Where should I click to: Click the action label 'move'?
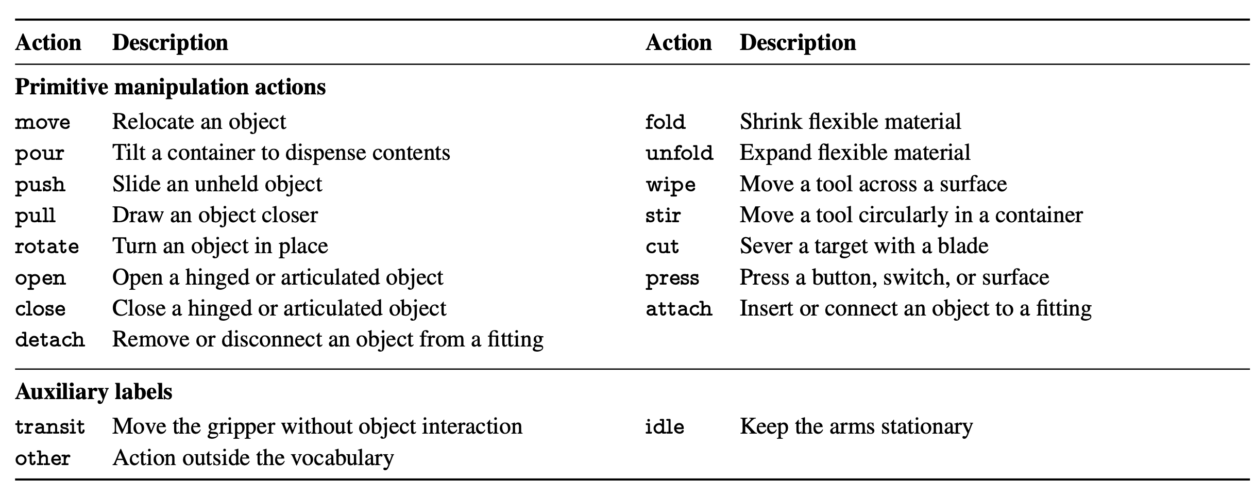pyautogui.click(x=42, y=123)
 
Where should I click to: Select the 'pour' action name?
pyautogui.click(x=40, y=154)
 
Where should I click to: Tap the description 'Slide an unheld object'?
pyautogui.click(x=217, y=184)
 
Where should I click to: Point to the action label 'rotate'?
pyautogui.click(x=47, y=246)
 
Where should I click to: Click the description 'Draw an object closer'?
pyautogui.click(x=215, y=215)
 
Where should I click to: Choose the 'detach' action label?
pyautogui.click(x=50, y=340)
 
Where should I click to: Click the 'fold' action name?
pyautogui.click(x=665, y=122)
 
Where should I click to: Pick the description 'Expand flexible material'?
pyautogui.click(x=855, y=153)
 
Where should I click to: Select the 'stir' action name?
pyautogui.click(x=663, y=215)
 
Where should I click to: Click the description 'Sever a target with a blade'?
pyautogui.click(x=864, y=246)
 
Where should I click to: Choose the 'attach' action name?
pyautogui.click(x=679, y=309)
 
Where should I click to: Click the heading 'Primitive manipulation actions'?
pyautogui.click(x=170, y=87)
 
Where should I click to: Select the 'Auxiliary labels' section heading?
pyautogui.click(x=94, y=392)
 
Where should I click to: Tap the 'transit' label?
pyautogui.click(x=50, y=427)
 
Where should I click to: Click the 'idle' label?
pyautogui.click(x=665, y=427)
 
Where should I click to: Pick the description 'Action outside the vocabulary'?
pyautogui.click(x=253, y=458)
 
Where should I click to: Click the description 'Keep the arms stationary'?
pyautogui.click(x=856, y=427)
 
